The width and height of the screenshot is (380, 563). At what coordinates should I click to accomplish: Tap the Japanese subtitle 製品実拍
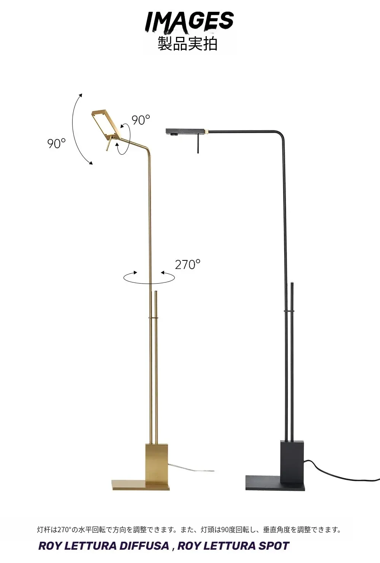[x=187, y=44]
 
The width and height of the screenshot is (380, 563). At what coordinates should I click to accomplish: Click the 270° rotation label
[x=187, y=264]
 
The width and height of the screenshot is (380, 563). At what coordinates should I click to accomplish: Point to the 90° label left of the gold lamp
[x=56, y=143]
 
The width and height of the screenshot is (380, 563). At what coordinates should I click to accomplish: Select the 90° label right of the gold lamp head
[x=141, y=120]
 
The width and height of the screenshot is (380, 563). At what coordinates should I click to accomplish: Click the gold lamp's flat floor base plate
[x=141, y=485]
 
